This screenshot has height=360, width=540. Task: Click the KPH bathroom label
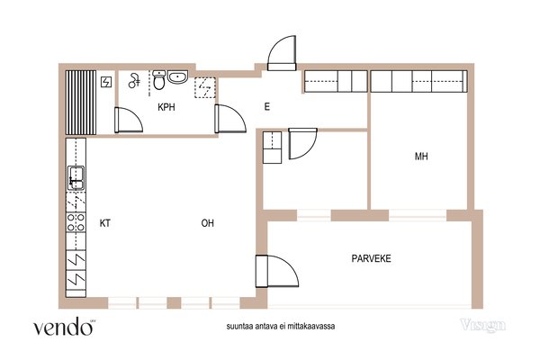(166, 107)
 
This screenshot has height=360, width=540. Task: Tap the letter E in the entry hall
(267, 107)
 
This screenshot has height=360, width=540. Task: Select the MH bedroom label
(421, 157)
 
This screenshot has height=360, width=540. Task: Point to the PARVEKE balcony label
(371, 258)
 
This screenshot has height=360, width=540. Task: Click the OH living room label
(207, 223)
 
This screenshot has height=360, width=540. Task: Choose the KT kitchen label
(105, 223)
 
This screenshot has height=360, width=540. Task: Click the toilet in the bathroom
(158, 79)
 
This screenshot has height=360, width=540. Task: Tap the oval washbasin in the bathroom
(177, 76)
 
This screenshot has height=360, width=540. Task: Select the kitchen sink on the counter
(76, 178)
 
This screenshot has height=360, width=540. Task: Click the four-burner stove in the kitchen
(76, 222)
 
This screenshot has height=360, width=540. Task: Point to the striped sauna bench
(81, 103)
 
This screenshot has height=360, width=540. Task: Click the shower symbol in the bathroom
(134, 81)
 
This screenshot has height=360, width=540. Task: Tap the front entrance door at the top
(282, 53)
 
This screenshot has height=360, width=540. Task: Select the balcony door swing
(277, 271)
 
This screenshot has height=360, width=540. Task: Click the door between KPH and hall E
(230, 119)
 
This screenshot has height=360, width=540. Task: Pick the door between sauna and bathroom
(128, 120)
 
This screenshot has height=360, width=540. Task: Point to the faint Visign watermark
(483, 325)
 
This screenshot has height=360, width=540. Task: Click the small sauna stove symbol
(106, 82)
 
